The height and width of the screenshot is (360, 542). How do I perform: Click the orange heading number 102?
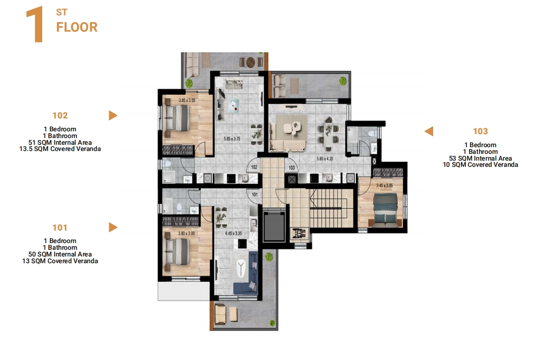[60, 116]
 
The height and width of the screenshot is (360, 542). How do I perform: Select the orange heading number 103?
[481, 131]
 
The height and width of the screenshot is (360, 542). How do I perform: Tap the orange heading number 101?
[60, 228]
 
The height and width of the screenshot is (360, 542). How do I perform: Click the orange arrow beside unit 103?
[429, 131]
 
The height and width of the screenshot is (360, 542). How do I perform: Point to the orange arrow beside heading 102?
[113, 116]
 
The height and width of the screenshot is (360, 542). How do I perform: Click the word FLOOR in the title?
[77, 27]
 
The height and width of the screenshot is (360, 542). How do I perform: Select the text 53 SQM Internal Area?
[481, 158]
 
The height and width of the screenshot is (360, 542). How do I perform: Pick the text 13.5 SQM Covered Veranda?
[60, 149]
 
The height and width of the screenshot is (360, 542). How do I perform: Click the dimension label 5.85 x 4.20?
[325, 159]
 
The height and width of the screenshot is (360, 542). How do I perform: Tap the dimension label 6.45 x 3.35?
[234, 233]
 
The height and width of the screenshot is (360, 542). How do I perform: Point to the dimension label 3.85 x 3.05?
[187, 101]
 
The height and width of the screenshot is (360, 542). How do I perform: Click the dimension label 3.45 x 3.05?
[384, 186]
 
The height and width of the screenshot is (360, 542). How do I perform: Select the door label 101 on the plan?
[255, 195]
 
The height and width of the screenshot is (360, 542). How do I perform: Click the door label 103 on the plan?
[292, 168]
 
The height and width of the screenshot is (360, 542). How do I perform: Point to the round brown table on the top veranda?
[250, 62]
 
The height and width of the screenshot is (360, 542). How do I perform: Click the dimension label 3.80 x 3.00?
[186, 233]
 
